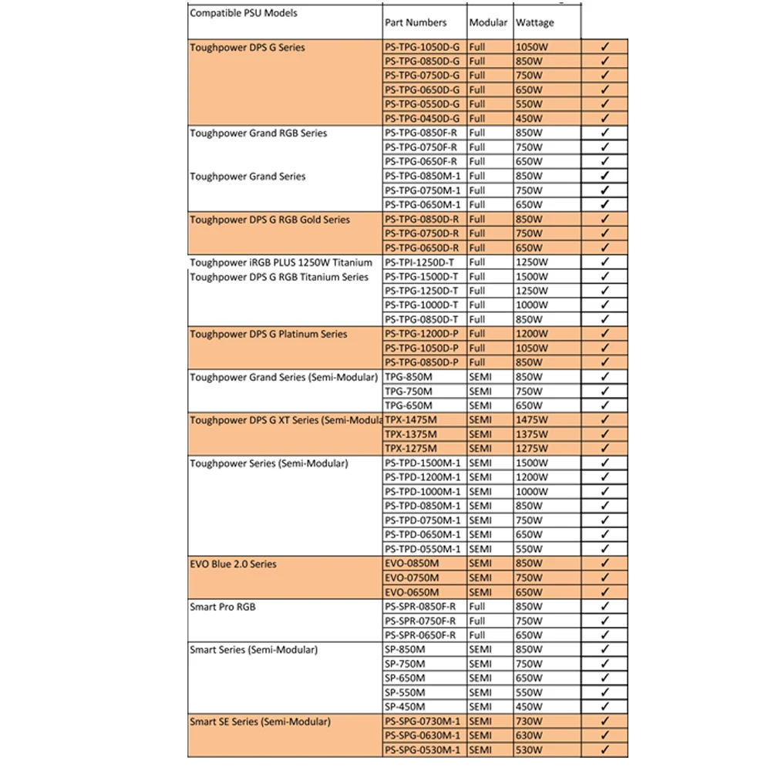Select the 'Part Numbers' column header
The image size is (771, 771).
[x=416, y=23]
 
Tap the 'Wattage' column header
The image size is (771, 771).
[x=535, y=23]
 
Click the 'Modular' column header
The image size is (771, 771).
[x=488, y=23]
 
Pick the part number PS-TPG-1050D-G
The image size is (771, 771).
[x=422, y=47]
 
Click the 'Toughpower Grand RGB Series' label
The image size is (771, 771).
[x=258, y=133]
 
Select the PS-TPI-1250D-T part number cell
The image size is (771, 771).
[x=421, y=263]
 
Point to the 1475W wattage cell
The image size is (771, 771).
[x=533, y=420]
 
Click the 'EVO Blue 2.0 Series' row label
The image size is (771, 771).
[x=233, y=564]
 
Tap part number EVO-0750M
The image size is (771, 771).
[x=412, y=578]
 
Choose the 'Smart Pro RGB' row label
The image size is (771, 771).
[x=223, y=608]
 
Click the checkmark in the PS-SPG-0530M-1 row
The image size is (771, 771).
[x=604, y=749]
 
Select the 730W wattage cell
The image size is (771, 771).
[x=529, y=722]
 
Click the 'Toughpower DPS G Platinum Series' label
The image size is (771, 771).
[x=268, y=335]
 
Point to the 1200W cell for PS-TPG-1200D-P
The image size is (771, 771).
[x=532, y=335]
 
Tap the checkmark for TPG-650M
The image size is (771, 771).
[x=604, y=406]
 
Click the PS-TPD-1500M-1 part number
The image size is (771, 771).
[x=423, y=463]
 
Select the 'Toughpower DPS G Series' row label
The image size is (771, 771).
[x=247, y=47]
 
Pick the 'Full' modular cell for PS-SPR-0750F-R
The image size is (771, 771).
[x=477, y=621]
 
